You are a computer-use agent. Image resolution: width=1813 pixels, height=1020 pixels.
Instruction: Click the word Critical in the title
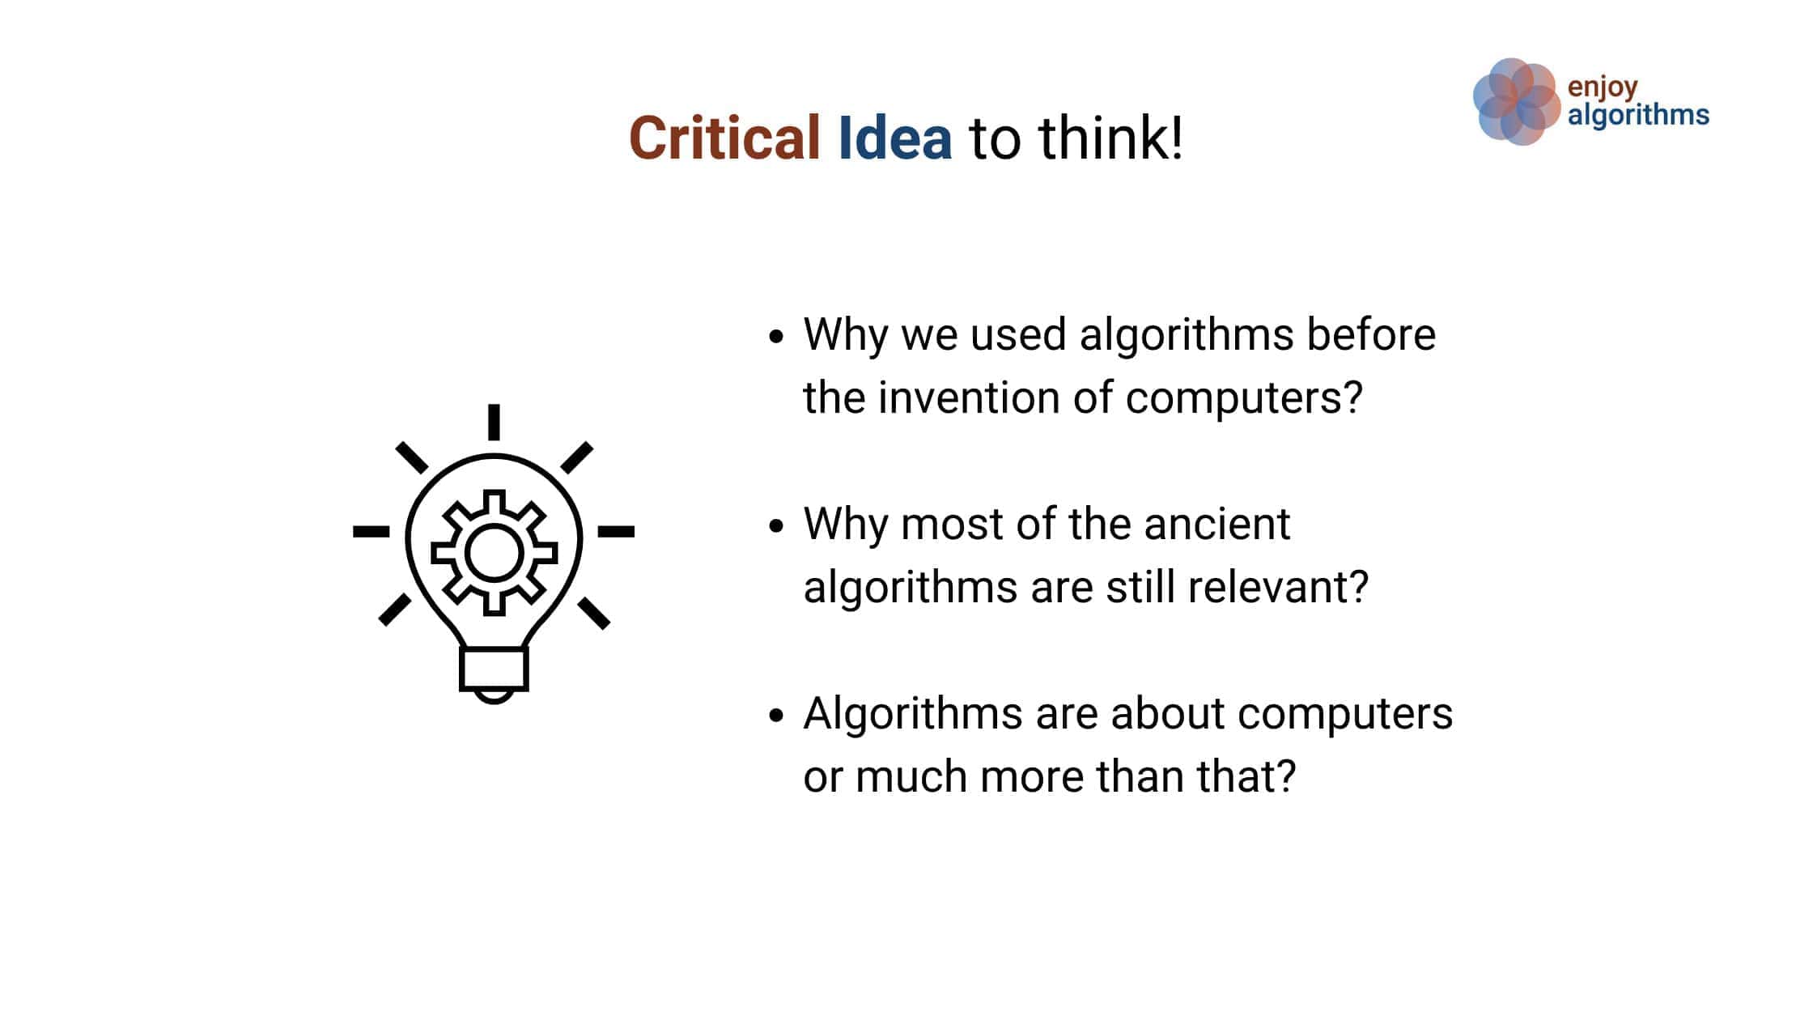click(724, 138)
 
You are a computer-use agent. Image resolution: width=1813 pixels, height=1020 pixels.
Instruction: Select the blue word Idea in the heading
click(894, 138)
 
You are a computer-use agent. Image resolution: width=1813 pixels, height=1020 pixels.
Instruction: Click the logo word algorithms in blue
click(1638, 115)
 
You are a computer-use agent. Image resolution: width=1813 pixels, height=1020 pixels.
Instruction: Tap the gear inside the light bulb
click(494, 552)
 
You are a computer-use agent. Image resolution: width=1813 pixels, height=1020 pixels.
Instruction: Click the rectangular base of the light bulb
click(494, 669)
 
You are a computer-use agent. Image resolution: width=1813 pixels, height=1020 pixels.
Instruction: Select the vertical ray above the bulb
click(494, 422)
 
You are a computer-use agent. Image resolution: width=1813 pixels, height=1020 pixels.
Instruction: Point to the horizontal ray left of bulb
click(372, 532)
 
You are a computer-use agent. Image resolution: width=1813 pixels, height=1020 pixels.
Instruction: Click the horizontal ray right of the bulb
click(616, 532)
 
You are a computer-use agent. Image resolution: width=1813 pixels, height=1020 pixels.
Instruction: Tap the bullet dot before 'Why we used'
click(776, 337)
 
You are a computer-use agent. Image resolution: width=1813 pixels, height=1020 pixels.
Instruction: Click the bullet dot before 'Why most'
click(776, 526)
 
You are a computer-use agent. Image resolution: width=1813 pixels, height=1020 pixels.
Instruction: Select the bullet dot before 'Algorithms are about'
click(776, 716)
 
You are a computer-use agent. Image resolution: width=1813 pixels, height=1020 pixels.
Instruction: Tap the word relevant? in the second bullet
click(1278, 587)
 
